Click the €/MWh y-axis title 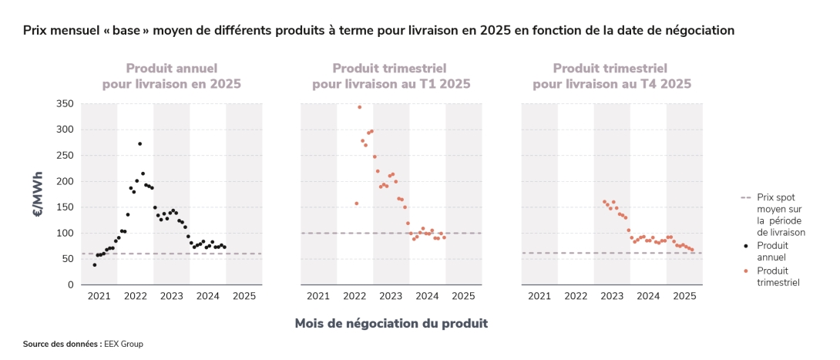tap(38, 194)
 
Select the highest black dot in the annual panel tap(139, 143)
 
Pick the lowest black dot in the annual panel tap(95, 264)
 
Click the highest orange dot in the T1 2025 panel tap(359, 107)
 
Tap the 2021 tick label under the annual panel tap(99, 296)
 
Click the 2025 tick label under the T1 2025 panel tap(463, 296)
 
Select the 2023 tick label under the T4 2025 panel tap(612, 296)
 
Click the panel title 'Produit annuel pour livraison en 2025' tap(171, 76)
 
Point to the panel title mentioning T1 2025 tap(391, 76)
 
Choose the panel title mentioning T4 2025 tap(612, 76)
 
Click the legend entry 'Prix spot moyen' tap(780, 214)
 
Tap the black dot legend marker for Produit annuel tap(744, 245)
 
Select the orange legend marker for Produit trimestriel tap(744, 271)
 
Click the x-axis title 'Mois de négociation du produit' tap(391, 323)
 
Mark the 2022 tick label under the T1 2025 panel tap(354, 296)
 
